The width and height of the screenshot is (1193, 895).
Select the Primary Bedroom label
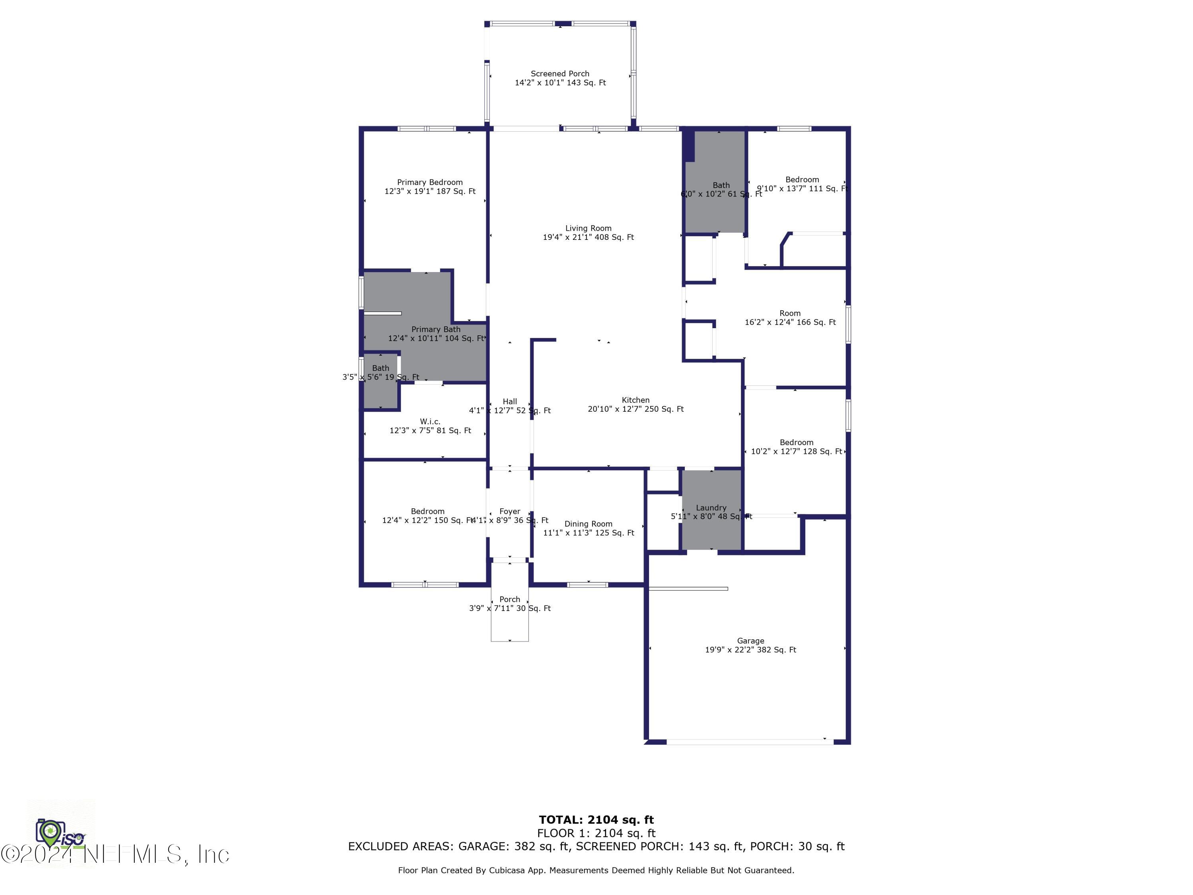point(430,182)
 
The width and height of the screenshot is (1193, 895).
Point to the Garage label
point(750,641)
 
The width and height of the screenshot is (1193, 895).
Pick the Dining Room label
point(588,524)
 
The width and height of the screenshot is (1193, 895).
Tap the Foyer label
point(510,512)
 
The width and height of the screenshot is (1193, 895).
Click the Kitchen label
point(635,400)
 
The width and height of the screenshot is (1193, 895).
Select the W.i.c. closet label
point(430,421)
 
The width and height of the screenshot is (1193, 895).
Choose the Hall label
point(510,401)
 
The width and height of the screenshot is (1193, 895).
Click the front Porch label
point(510,599)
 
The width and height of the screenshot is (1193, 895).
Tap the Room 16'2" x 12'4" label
point(790,313)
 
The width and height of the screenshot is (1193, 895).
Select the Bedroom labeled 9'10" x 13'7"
point(802,180)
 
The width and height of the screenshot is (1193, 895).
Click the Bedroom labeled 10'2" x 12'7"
point(796,442)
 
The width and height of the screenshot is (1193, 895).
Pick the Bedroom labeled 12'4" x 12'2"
point(427,512)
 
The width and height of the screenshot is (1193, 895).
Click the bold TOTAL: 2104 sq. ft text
point(596,820)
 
